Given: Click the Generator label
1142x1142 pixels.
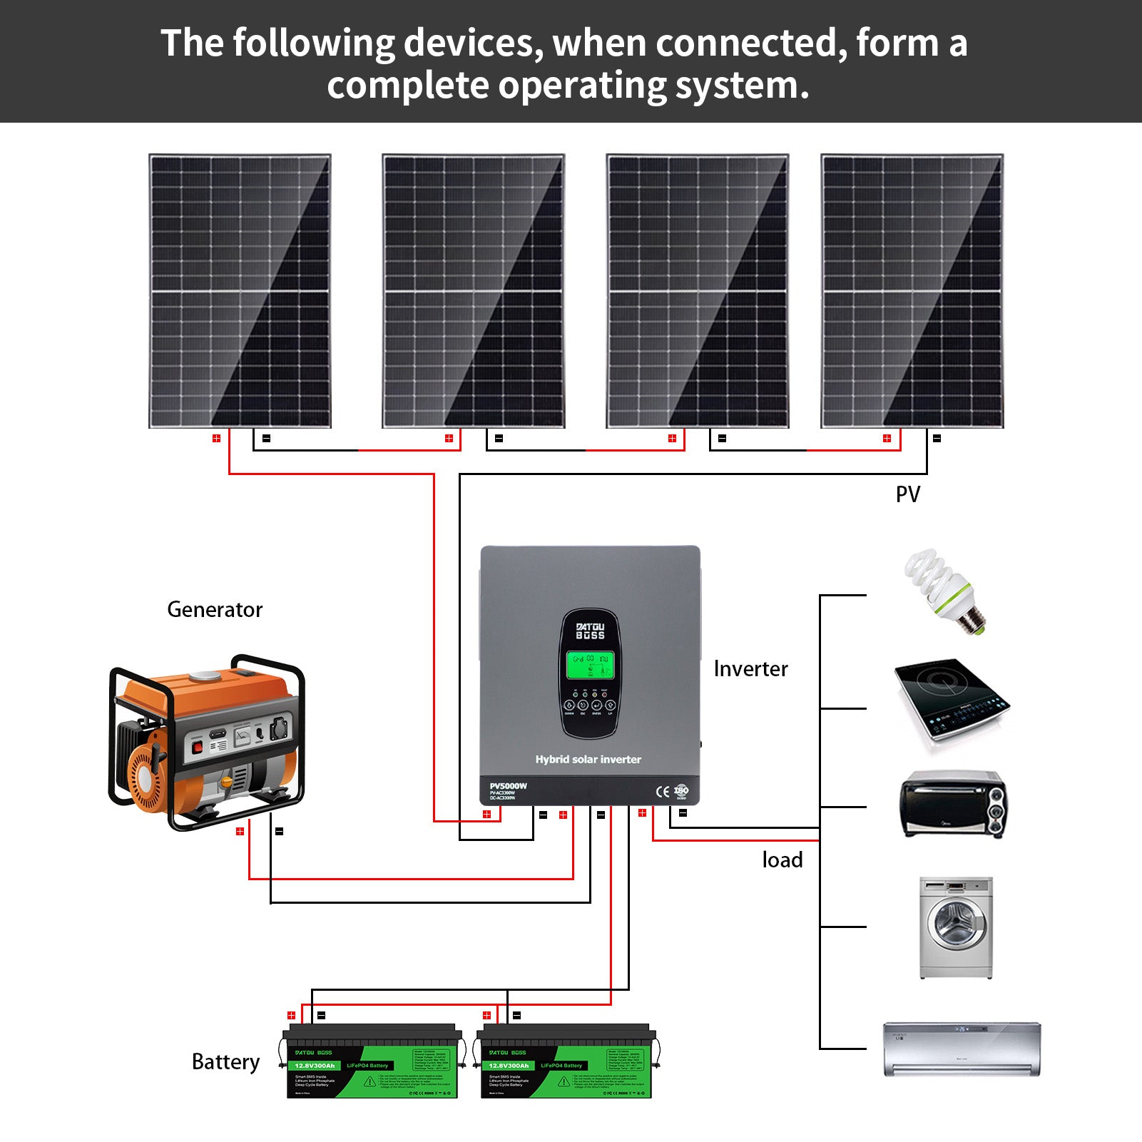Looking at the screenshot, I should [215, 610].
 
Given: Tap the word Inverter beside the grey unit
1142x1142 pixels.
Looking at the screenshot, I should [750, 669].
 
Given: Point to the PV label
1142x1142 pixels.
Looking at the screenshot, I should [907, 494].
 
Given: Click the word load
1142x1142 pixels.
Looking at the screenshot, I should [782, 860].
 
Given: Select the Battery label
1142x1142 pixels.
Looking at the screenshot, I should [225, 1062].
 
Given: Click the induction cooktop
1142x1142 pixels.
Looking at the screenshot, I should [952, 702].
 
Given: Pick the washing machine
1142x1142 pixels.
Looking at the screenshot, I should [956, 927].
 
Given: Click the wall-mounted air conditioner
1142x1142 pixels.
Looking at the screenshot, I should [962, 1048].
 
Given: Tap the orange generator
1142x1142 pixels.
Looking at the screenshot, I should [207, 742].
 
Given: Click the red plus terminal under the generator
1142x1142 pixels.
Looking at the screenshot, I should [240, 831].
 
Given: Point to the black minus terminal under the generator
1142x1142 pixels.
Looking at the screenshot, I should [279, 831].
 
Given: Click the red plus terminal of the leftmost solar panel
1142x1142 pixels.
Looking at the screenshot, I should [216, 438].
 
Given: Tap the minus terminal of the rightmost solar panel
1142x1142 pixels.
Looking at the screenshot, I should [937, 438].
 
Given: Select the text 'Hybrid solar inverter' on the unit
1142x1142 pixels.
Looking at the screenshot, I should [588, 760].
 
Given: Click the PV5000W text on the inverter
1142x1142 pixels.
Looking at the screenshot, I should [509, 786].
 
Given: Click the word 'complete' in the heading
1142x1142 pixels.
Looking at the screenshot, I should [408, 86].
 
